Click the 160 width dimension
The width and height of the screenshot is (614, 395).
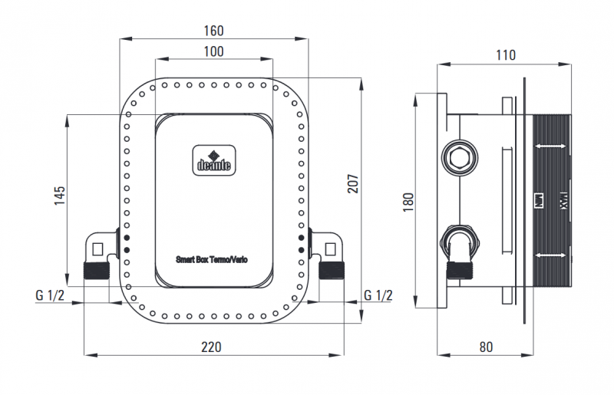[213, 31]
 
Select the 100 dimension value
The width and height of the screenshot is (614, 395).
[213, 51]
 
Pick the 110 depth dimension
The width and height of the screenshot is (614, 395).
[505, 55]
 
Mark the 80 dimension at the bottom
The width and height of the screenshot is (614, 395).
[485, 347]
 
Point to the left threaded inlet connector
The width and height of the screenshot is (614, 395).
[97, 270]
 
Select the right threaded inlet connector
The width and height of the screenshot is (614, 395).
[332, 270]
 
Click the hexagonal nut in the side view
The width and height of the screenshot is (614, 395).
[459, 159]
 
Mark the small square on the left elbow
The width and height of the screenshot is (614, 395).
[97, 249]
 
